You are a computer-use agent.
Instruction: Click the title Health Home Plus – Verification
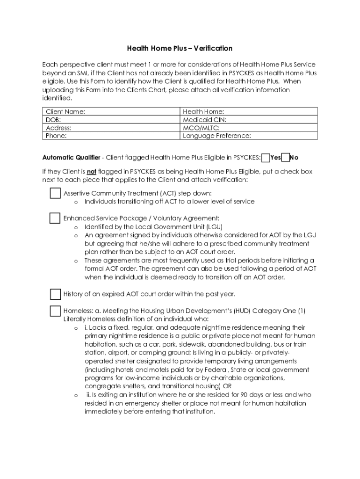pos(180,49)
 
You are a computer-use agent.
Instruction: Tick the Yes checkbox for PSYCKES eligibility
pos(266,158)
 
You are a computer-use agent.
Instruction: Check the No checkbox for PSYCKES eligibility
pos(286,158)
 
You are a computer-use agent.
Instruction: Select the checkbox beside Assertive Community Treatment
pos(55,193)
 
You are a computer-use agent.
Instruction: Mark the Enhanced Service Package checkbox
pos(55,218)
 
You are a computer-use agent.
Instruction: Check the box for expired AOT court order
pos(55,294)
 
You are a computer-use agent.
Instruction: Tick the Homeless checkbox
pos(55,311)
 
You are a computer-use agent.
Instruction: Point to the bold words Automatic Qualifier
pos(71,158)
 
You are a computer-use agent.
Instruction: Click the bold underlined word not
pos(91,172)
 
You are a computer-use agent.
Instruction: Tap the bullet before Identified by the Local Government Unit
pos(75,227)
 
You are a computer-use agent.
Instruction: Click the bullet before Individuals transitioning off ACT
pos(75,202)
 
